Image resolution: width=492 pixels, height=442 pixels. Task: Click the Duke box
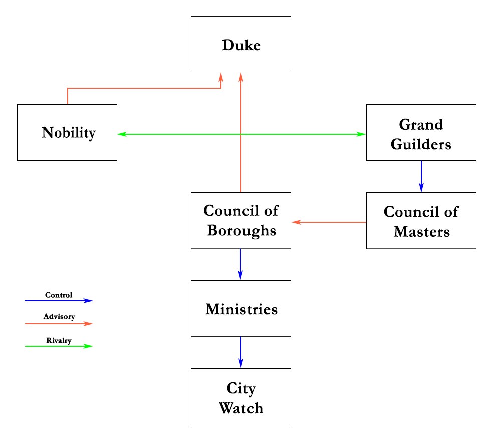(241, 44)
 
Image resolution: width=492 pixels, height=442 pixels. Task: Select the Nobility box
(67, 132)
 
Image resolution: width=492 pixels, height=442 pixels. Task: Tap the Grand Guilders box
(421, 132)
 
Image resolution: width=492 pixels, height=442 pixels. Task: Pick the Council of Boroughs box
(241, 220)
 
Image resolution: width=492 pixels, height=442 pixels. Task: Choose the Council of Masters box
(421, 220)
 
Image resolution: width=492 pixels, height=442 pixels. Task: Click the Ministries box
(241, 308)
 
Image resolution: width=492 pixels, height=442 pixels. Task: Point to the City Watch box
(241, 397)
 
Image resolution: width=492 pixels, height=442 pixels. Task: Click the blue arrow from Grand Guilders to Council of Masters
(421, 176)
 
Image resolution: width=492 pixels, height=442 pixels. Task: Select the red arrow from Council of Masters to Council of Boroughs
(329, 222)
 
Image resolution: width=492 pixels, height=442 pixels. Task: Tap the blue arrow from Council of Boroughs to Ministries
(240, 264)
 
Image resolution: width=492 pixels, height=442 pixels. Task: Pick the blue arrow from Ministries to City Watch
(241, 352)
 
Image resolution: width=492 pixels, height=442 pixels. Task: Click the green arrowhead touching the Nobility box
(122, 134)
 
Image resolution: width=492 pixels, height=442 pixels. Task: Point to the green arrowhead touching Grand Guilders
(361, 134)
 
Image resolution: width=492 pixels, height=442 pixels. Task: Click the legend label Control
(59, 295)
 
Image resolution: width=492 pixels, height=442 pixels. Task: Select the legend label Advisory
(59, 317)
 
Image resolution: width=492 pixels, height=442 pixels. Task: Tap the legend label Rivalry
(59, 340)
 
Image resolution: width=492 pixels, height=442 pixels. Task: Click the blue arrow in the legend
(59, 301)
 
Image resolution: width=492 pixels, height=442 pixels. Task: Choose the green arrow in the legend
(59, 346)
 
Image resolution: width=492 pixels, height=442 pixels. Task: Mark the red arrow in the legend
(59, 324)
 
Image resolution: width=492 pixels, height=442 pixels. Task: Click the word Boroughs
(241, 231)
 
